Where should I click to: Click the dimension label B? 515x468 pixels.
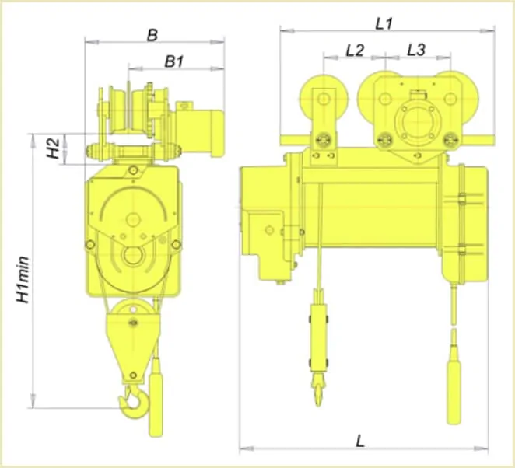(x=152, y=35)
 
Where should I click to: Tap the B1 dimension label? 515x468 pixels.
(x=173, y=61)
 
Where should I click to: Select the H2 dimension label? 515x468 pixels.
(x=53, y=148)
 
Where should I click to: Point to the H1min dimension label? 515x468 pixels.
(x=23, y=280)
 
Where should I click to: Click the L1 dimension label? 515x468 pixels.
(x=384, y=24)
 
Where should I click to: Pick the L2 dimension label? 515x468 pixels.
(x=355, y=51)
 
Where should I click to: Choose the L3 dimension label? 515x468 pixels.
(x=416, y=51)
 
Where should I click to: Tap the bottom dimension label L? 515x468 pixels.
(x=360, y=441)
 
